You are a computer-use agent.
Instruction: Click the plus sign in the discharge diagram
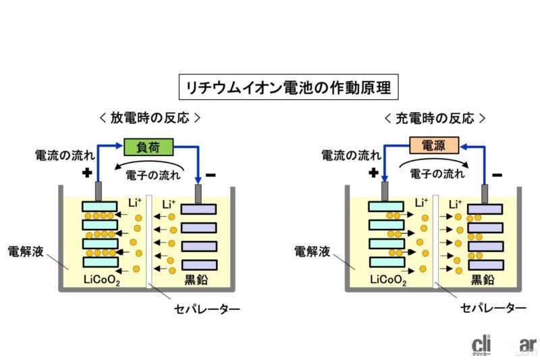click(86, 173)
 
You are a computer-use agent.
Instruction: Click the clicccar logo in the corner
click(503, 343)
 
